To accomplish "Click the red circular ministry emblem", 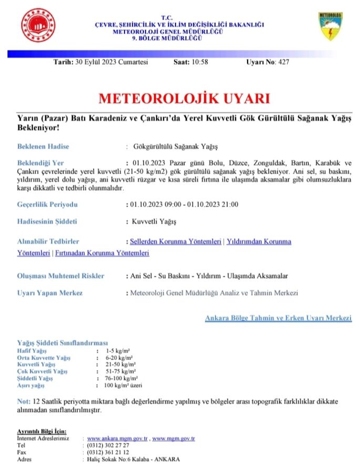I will [x=38, y=25].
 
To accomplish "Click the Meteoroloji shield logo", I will [x=331, y=27].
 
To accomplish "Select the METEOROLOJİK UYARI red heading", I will [x=177, y=99].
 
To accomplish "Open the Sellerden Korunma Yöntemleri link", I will [x=176, y=242].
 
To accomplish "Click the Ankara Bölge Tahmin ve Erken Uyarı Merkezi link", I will [x=278, y=318].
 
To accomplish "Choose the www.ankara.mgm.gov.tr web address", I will [x=118, y=438].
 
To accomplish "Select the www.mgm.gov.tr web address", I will [x=174, y=438].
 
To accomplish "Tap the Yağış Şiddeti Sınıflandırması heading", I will [x=63, y=343].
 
